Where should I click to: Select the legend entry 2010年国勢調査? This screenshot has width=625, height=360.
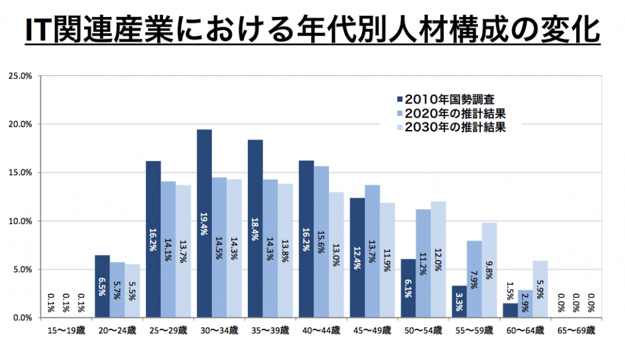tap(449, 100)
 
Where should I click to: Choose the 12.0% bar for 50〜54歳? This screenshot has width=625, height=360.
tap(438, 259)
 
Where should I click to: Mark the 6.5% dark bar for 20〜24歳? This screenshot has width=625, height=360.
tap(103, 286)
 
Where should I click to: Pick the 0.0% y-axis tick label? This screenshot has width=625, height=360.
tap(21, 318)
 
